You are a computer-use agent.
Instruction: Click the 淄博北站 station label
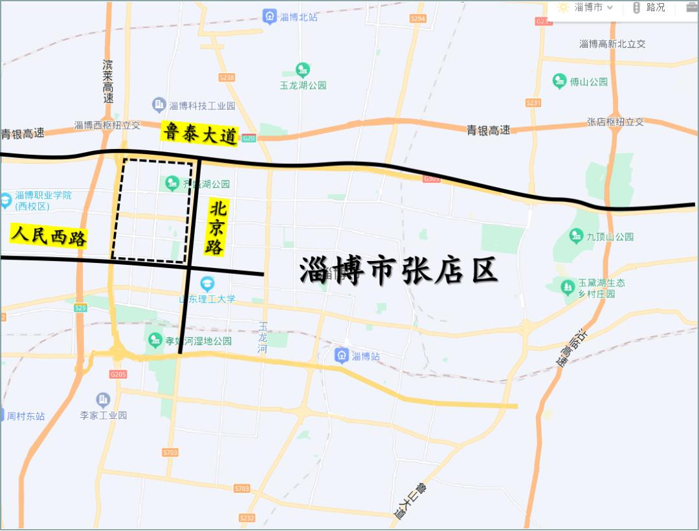tap(300, 17)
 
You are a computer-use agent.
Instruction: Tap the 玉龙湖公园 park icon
tap(303, 69)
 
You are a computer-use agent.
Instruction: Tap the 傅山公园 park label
tap(588, 82)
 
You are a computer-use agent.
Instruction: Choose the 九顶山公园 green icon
tap(576, 236)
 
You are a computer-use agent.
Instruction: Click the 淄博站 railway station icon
tap(341, 355)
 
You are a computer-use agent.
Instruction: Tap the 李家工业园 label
tap(104, 415)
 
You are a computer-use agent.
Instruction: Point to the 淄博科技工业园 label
tap(201, 106)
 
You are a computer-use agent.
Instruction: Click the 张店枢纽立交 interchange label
tap(616, 122)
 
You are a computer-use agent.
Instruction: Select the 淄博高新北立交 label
tap(612, 44)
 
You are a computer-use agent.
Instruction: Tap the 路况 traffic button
tap(649, 8)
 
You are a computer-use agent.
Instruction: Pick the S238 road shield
tap(227, 77)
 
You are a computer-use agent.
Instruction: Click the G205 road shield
tap(118, 374)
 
